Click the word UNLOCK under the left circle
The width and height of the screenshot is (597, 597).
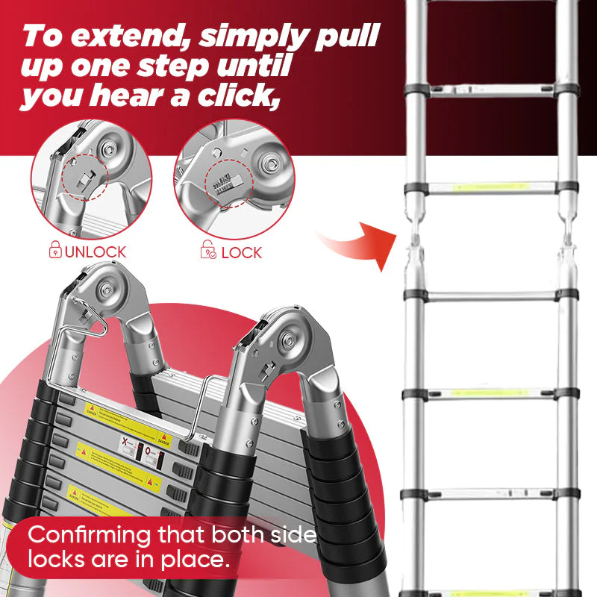pos(95,252)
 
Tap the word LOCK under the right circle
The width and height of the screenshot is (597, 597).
pos(242,252)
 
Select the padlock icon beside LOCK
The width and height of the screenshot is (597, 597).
pos(209,251)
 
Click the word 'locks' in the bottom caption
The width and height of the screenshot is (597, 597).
pos(59,559)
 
